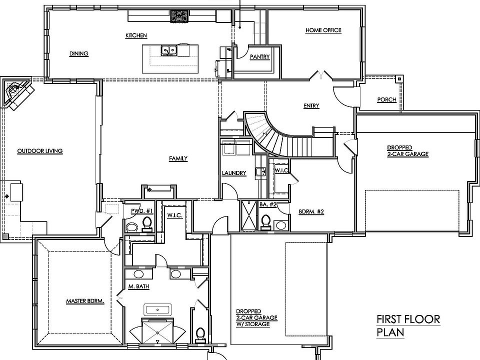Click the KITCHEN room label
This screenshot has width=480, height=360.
click(x=136, y=35)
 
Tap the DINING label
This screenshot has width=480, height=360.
click(x=78, y=53)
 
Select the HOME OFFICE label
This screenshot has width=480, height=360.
click(x=323, y=30)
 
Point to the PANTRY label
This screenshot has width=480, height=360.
click(x=259, y=56)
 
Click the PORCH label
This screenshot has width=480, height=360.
click(x=386, y=99)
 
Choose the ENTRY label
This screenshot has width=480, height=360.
click(x=311, y=105)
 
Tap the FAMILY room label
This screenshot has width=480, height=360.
click(x=178, y=158)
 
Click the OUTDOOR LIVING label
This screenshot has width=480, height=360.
click(x=40, y=150)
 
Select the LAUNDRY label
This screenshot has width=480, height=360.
click(x=234, y=173)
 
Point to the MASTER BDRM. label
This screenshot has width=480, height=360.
click(x=85, y=301)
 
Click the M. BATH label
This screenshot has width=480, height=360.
click(x=138, y=286)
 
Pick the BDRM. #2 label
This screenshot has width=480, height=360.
click(x=311, y=211)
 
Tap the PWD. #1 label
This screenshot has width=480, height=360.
click(x=141, y=211)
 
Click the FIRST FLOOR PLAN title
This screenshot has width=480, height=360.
click(x=408, y=325)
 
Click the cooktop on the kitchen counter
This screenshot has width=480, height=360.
click(x=179, y=16)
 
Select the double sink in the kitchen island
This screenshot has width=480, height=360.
click(x=169, y=50)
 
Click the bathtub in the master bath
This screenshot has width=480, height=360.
click(x=157, y=310)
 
